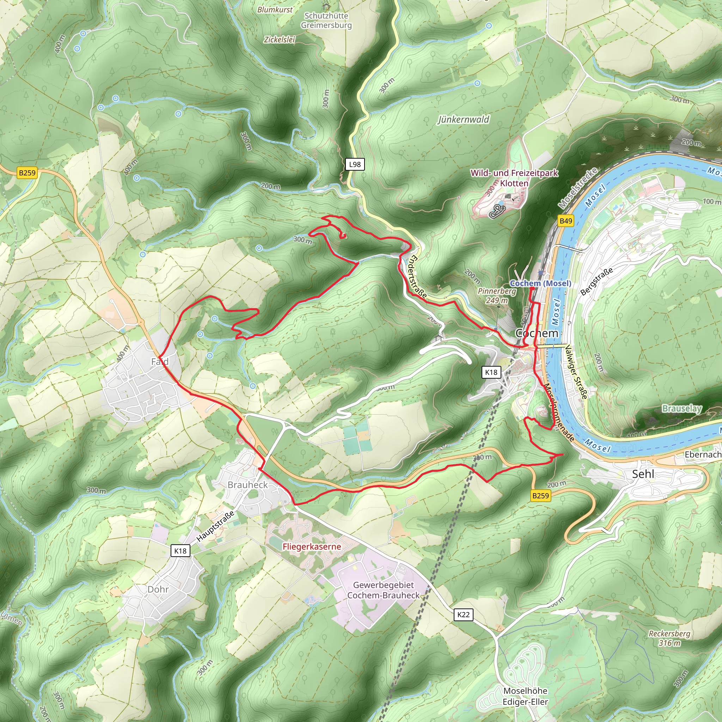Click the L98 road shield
coord(355,164)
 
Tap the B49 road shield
coord(565,221)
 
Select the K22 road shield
coord(463,615)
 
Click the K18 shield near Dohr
coord(180,551)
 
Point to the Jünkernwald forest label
coord(463,120)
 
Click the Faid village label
coord(160,361)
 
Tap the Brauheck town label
coord(248,485)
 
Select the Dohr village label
coord(158,589)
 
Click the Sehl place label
coord(643,474)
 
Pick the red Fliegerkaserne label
coord(312,547)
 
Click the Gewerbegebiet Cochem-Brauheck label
coord(384,590)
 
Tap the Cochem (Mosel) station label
coord(540,283)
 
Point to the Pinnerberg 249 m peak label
coord(497,295)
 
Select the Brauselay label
coord(682,408)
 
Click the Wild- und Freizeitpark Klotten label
coord(514,178)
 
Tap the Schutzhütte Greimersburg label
coord(326,20)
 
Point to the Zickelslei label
coord(280,39)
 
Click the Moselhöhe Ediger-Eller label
coord(525,696)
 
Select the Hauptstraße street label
coord(216,526)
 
